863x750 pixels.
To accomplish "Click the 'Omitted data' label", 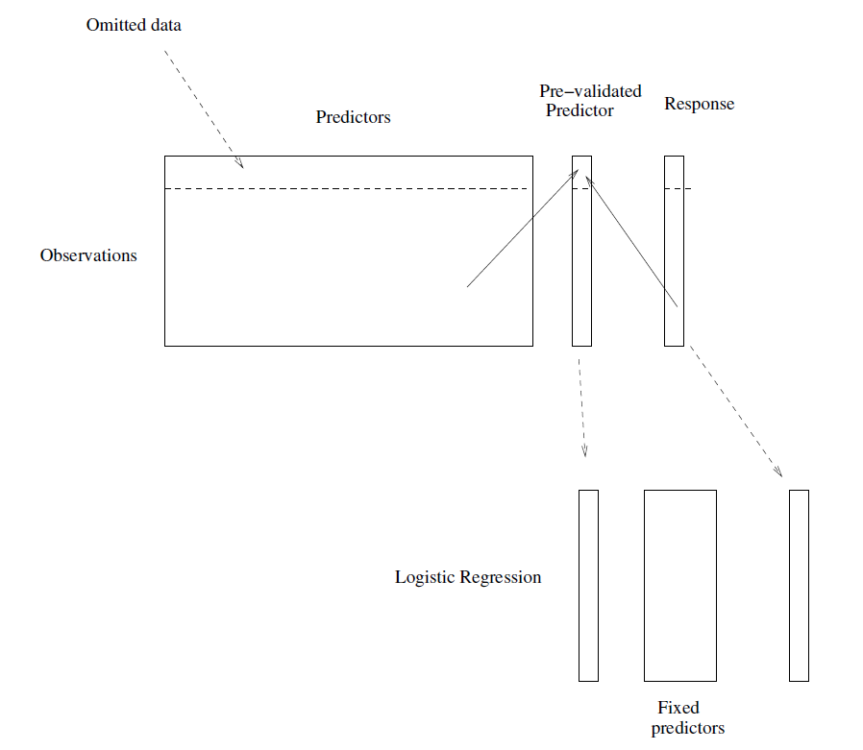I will coord(134,25).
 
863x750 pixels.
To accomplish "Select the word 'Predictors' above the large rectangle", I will coord(353,117).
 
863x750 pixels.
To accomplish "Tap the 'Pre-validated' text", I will coord(590,91).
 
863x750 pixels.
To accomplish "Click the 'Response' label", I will coord(699,104).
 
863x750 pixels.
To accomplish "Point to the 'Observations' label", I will coord(88,255).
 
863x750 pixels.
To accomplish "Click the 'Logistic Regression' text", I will coord(468,577).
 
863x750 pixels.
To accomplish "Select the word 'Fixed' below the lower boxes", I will coord(678,709).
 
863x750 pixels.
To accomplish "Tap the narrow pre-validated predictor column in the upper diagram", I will coord(581,288).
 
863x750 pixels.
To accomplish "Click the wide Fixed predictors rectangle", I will coord(679,585).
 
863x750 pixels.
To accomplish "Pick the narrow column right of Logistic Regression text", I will coord(588,585).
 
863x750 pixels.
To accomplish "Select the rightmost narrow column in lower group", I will coord(799,585).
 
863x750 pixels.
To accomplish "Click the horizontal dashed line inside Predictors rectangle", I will coord(346,188).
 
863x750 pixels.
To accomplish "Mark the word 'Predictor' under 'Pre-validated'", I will coord(580,110).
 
